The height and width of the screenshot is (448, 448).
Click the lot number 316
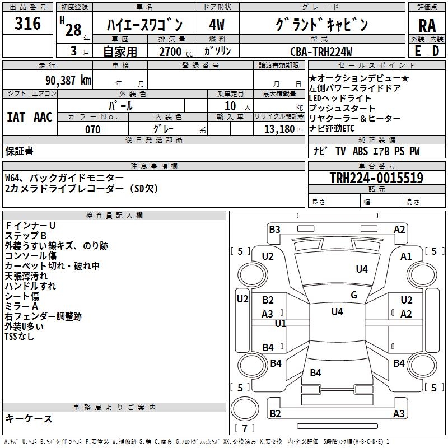point(28,24)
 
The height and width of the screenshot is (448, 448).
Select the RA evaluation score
point(427,26)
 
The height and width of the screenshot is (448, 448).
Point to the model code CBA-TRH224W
point(321,52)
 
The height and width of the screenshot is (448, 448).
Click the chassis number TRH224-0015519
point(376,178)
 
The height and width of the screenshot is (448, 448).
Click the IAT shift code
point(16,116)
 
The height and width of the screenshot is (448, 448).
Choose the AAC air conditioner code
point(43,116)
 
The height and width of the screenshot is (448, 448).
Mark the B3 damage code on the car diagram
point(274,229)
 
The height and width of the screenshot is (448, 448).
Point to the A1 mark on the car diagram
point(406,256)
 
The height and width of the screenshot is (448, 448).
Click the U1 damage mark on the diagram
point(281,323)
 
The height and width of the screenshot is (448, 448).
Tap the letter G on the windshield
point(354,295)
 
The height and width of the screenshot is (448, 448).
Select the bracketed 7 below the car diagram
point(245,429)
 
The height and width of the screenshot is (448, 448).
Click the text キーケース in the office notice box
point(29,419)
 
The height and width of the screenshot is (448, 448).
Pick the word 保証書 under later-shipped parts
point(19,151)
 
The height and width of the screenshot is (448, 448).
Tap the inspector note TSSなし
point(20,336)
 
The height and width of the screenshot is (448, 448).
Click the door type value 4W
point(217,25)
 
